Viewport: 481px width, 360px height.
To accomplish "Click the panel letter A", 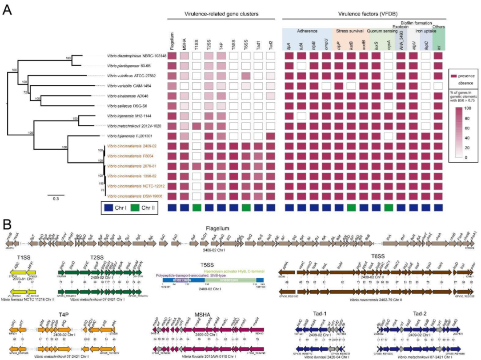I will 8,9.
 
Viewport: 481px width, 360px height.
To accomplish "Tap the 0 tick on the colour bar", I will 466,157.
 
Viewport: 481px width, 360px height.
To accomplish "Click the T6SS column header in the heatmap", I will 247,46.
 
